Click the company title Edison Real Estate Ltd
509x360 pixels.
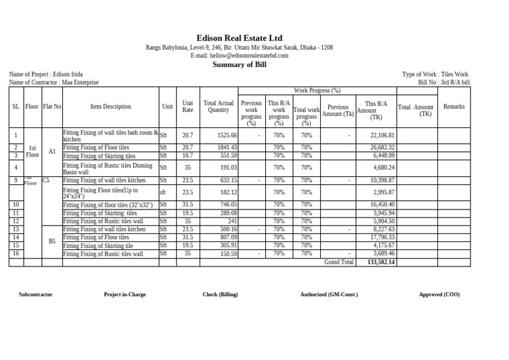239,38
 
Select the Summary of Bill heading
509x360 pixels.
239,64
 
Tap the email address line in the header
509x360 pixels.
239,56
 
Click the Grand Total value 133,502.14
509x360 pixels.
380,263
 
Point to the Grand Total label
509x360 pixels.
339,263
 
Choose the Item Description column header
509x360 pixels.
111,107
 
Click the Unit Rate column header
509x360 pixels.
188,107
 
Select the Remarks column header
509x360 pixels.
454,107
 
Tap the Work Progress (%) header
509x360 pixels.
317,90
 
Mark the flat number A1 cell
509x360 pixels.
52,151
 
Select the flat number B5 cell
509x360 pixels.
52,241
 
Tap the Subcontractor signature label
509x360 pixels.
36,294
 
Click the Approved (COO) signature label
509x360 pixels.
439,294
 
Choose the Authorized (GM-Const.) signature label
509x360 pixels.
329,294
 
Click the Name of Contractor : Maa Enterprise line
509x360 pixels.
54,83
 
